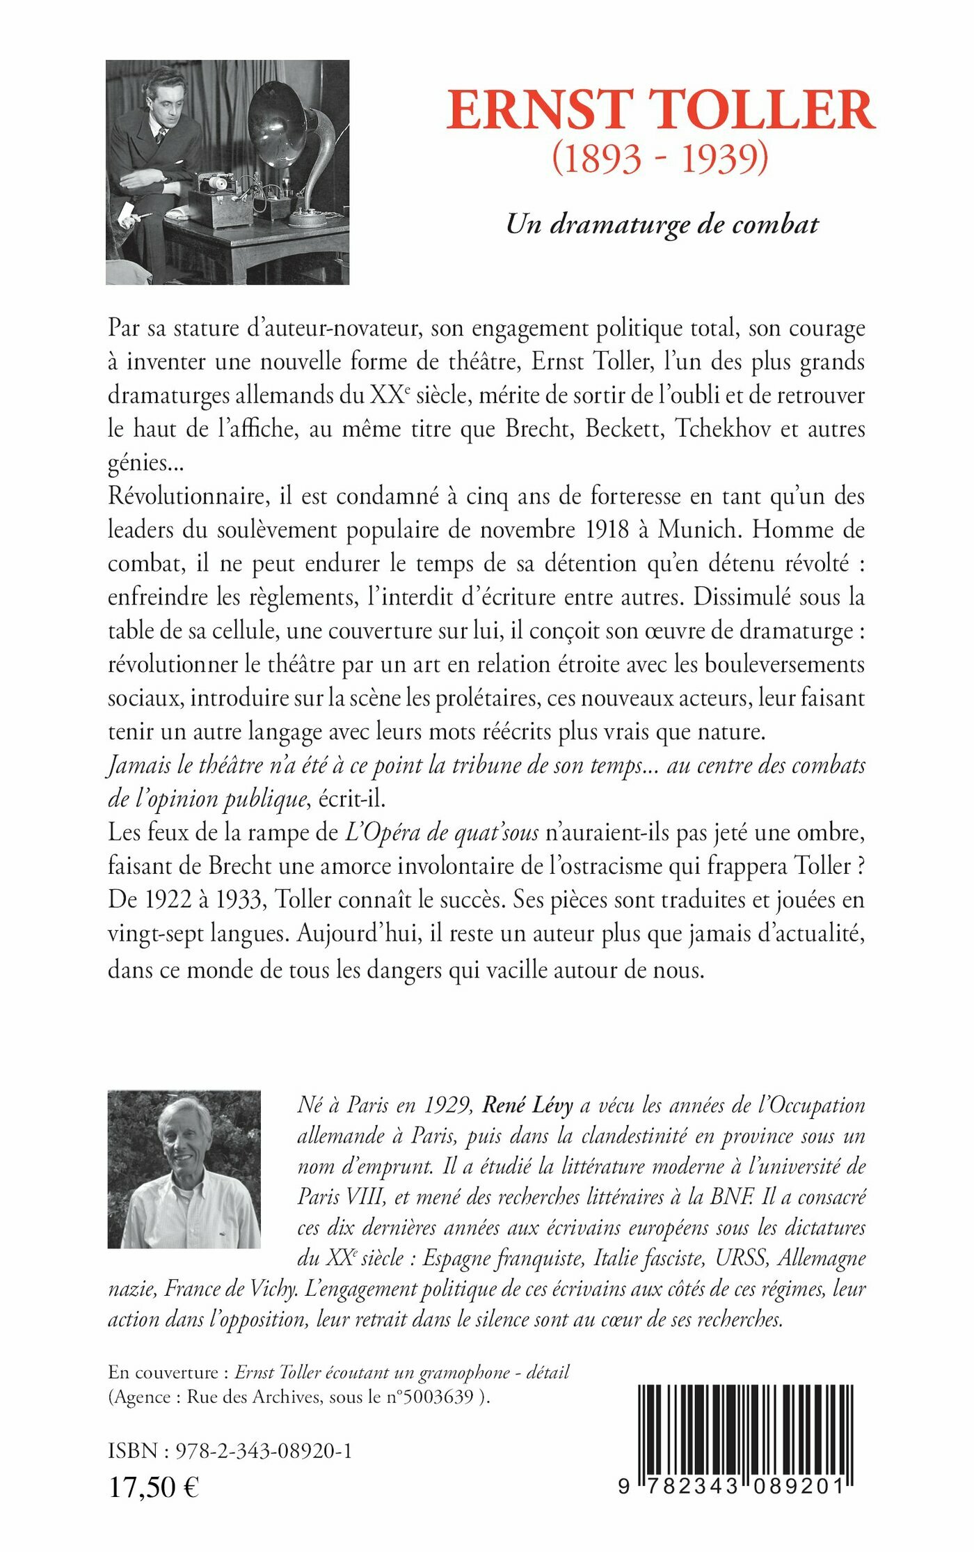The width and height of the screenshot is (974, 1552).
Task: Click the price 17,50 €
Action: [154, 1487]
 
